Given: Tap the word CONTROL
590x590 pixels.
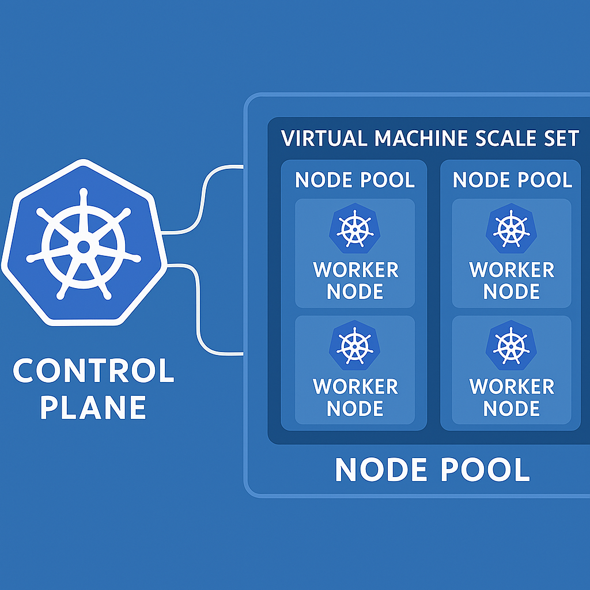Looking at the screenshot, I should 93,372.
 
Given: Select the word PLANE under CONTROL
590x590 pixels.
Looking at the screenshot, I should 93,407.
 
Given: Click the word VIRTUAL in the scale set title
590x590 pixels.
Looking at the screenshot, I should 324,139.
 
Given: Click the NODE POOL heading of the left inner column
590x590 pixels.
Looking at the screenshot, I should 354,180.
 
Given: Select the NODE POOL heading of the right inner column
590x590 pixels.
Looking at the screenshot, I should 512,180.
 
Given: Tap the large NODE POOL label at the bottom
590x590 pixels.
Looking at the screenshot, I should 432,470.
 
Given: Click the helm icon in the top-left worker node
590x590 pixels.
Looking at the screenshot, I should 355,229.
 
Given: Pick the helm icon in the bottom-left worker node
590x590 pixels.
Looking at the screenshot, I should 355,346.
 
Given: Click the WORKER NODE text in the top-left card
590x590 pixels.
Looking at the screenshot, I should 355,281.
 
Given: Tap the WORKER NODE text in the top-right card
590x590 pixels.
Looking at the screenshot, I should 512,281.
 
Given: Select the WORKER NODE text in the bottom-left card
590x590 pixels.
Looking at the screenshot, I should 355,397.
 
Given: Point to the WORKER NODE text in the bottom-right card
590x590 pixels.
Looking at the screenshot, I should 512,397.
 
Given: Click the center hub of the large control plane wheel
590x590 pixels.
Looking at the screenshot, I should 84,247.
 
